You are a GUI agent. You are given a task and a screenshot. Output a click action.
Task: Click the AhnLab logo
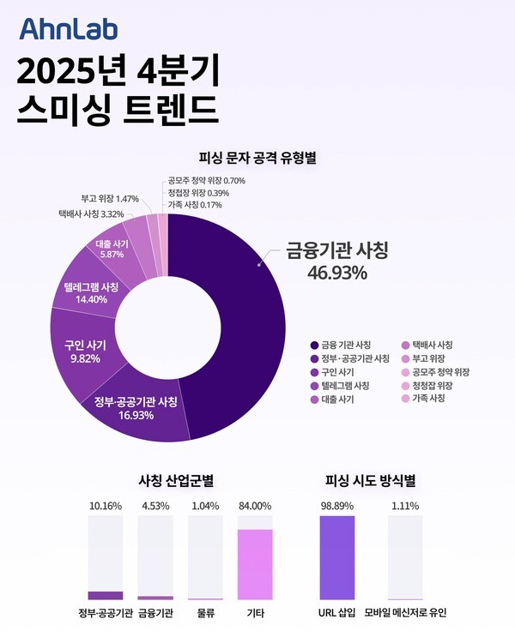click(x=69, y=30)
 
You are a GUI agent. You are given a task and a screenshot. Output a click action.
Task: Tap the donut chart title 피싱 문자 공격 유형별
click(x=257, y=157)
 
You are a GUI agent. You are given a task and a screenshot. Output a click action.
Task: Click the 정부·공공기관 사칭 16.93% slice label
click(x=136, y=409)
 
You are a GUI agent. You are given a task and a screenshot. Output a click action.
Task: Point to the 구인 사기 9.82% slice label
click(x=85, y=352)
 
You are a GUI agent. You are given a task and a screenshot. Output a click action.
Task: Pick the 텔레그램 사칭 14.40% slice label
click(x=91, y=293)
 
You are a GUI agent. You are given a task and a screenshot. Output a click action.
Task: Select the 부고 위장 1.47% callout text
click(x=110, y=198)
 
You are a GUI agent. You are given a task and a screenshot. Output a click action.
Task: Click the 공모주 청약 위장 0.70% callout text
click(x=207, y=181)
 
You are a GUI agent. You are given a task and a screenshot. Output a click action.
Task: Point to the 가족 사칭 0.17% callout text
click(x=197, y=205)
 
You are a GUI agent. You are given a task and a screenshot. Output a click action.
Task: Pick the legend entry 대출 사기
click(x=340, y=399)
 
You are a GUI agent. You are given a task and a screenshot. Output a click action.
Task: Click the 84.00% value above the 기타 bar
click(x=254, y=506)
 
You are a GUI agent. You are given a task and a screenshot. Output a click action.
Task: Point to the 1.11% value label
click(x=404, y=506)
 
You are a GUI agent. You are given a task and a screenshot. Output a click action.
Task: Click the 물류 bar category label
click(x=204, y=613)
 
